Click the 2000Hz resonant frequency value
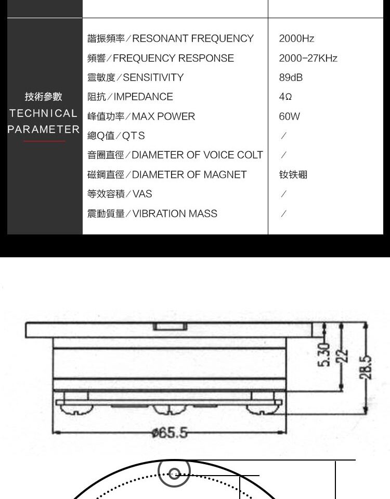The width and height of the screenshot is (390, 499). [296, 38]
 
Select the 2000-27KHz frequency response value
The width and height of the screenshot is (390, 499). [308, 58]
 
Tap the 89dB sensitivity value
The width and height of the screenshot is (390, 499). [291, 77]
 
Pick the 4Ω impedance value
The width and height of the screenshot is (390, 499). [285, 97]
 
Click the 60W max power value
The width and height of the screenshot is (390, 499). [290, 116]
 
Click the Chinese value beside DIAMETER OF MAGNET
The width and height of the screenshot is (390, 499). [293, 175]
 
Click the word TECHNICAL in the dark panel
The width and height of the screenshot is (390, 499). [43, 113]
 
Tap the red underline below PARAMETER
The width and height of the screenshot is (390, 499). [44, 141]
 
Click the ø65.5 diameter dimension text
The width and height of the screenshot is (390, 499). [170, 432]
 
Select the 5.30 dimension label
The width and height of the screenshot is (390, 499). [324, 355]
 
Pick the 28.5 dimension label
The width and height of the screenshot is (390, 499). [366, 367]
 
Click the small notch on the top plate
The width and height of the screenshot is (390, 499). [170, 326]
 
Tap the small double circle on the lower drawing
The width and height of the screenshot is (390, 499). [174, 473]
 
